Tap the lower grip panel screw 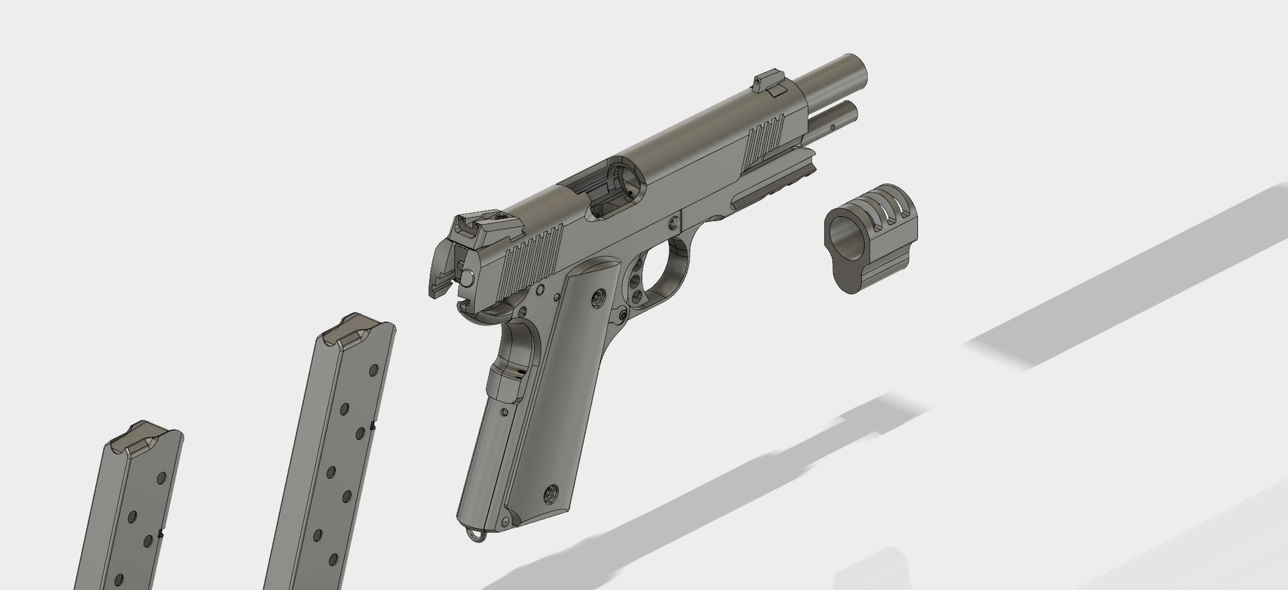(x=551, y=495)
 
